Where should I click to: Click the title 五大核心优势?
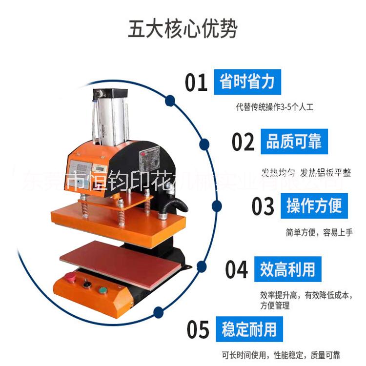183,29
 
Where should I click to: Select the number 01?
196,82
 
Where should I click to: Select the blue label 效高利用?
287,269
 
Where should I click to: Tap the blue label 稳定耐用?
249,329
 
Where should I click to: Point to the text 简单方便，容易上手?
319,233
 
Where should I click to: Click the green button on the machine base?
103,290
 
